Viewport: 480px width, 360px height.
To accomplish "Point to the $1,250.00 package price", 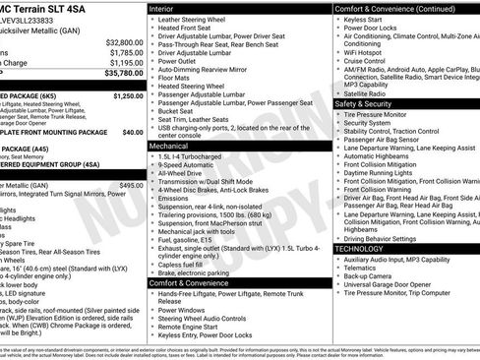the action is pyautogui.click(x=128, y=96).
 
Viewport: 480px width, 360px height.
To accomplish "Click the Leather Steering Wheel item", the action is pyautogui.click(x=196, y=19).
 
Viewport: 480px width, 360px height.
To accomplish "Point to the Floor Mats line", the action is pyautogui.click(x=177, y=78).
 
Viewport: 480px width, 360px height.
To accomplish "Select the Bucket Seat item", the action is pyautogui.click(x=182, y=111).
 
